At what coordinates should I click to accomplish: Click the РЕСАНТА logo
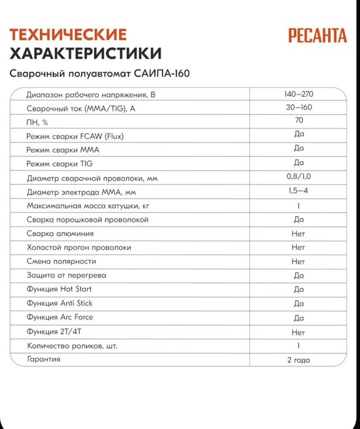pos(317,35)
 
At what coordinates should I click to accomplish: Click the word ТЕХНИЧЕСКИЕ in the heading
pos(69,34)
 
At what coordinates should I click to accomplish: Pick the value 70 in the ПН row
pos(299,121)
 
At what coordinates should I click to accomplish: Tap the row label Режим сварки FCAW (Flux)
pos(75,136)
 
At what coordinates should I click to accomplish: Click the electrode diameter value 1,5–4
pos(299,191)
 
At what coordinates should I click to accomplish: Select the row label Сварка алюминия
pos(60,234)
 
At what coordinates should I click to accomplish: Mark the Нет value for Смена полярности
pos(299,261)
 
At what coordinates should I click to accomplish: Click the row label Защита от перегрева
pos(66,276)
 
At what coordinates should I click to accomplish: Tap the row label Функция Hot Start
pos(59,290)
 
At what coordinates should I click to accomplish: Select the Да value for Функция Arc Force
pos(299,318)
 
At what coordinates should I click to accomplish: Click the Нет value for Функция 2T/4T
pos(299,332)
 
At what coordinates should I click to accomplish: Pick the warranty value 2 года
pos(299,360)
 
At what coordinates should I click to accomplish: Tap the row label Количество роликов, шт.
pos(72,346)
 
